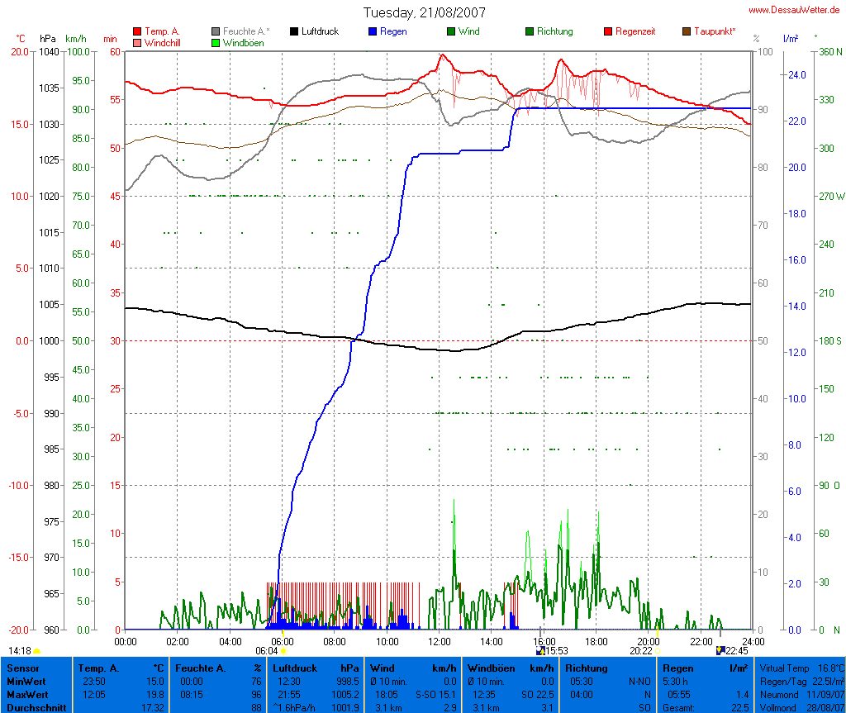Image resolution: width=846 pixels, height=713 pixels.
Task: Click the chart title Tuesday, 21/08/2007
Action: [425, 13]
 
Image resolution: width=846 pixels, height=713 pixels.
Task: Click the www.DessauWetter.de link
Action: [795, 10]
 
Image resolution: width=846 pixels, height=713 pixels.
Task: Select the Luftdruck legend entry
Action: [314, 31]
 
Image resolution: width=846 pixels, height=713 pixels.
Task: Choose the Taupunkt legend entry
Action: [709, 31]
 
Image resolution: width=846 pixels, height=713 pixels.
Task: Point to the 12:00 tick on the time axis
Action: [440, 641]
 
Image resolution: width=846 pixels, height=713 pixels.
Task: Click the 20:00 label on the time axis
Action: [649, 641]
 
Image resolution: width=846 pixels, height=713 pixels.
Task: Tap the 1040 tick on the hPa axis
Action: [49, 51]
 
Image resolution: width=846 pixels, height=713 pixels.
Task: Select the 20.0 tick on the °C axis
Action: [19, 51]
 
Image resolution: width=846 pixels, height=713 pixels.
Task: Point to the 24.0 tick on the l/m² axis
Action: [796, 75]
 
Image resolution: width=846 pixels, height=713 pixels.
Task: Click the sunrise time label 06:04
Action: [266, 651]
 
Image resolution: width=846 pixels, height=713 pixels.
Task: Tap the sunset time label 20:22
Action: [641, 651]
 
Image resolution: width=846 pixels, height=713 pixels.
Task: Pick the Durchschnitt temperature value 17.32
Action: [154, 707]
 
